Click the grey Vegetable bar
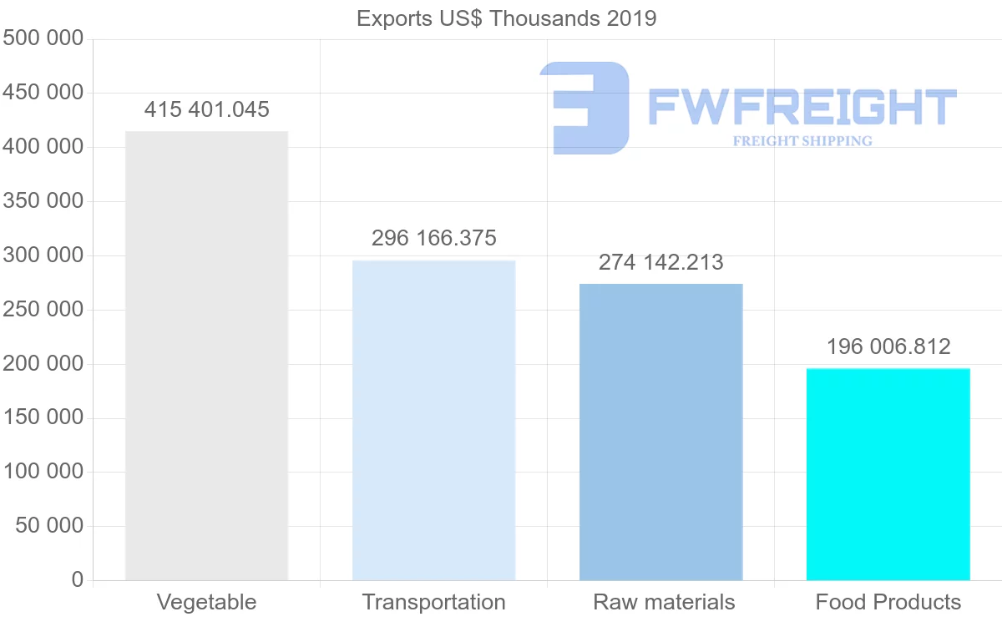[206, 356]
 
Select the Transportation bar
[433, 420]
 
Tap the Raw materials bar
[660, 432]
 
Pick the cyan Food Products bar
[888, 473]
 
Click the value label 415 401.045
[206, 109]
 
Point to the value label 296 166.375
[433, 238]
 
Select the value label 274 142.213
[660, 262]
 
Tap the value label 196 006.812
[888, 346]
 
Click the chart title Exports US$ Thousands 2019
[506, 18]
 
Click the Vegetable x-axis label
[206, 602]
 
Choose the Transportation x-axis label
[433, 602]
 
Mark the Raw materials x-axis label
[664, 602]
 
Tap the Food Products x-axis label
[888, 602]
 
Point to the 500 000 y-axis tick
[43, 38]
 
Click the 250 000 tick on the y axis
[43, 310]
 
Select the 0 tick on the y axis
[77, 579]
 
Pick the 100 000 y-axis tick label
[43, 472]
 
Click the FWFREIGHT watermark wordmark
[802, 107]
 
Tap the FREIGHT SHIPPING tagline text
[802, 141]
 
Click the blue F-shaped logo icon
[585, 107]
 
